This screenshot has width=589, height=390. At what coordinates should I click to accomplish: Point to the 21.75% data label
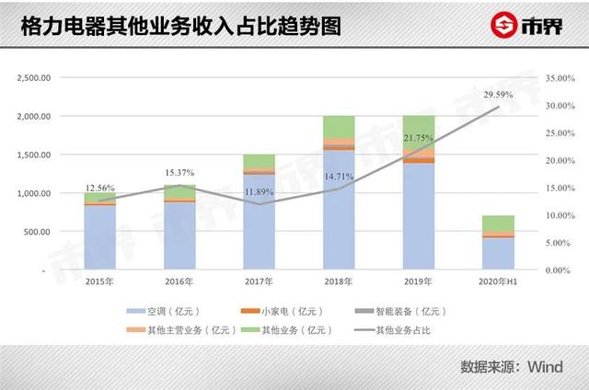pyautogui.click(x=418, y=139)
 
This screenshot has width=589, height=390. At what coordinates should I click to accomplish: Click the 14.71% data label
pyautogui.click(x=339, y=176)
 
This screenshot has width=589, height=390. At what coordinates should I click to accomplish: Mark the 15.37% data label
pyautogui.click(x=179, y=173)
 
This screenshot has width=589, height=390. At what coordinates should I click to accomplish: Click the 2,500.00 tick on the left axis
pyautogui.click(x=33, y=78)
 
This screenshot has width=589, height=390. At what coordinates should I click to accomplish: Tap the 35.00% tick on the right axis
pyautogui.click(x=560, y=78)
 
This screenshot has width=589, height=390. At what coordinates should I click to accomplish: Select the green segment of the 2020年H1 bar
pyautogui.click(x=498, y=224)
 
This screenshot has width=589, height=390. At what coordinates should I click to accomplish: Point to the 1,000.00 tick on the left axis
pyautogui.click(x=33, y=193)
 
